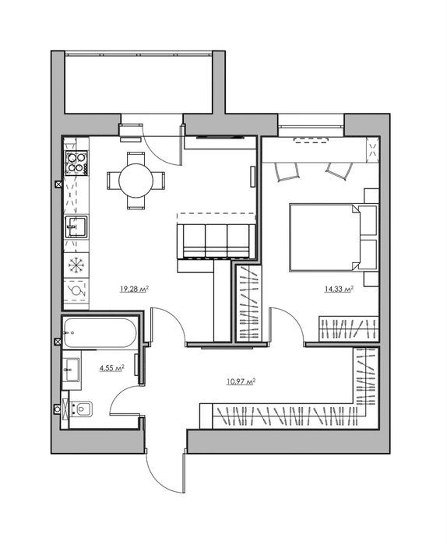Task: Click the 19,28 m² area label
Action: (x=134, y=289)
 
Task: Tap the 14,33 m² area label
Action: (x=339, y=289)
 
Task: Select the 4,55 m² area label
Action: (x=112, y=368)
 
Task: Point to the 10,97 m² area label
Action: (x=241, y=382)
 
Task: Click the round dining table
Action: (x=136, y=181)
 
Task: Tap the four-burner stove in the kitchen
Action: (x=76, y=163)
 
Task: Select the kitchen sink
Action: (x=76, y=226)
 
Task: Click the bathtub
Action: (x=100, y=332)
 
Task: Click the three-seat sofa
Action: (x=216, y=241)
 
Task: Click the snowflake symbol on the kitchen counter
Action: (x=76, y=265)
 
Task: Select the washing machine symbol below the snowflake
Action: (x=76, y=290)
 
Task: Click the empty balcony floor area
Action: (x=138, y=84)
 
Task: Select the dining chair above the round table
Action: (x=136, y=158)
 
